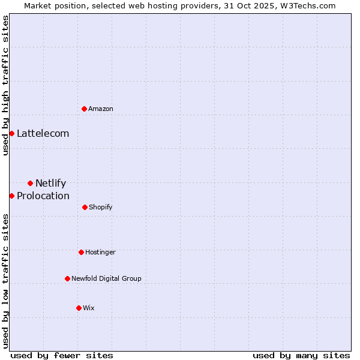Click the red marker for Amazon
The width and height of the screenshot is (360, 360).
point(85,109)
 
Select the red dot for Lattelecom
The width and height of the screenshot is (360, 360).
point(11,133)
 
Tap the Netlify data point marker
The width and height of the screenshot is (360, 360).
point(30,183)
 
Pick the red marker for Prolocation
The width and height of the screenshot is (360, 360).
point(11,196)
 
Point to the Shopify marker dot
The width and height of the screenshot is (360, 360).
point(85,207)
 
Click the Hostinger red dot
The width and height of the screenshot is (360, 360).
point(81,252)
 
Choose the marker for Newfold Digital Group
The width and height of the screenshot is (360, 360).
point(67,278)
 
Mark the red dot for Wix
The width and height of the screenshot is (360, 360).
point(79,308)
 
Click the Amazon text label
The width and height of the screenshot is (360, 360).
point(101,109)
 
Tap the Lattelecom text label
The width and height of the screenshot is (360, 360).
point(43,133)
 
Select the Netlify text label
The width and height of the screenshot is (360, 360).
point(50,183)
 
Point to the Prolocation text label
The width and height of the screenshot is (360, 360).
point(43,196)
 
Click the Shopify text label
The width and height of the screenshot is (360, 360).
point(100,207)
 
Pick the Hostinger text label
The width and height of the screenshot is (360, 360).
point(100,252)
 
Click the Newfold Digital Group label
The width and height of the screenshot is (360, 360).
point(106,278)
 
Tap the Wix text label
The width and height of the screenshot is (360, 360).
point(89,308)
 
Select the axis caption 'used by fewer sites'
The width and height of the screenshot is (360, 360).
point(62,355)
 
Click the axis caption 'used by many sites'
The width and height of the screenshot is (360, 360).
point(301,355)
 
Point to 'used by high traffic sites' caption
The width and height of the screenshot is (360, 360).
point(5,85)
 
